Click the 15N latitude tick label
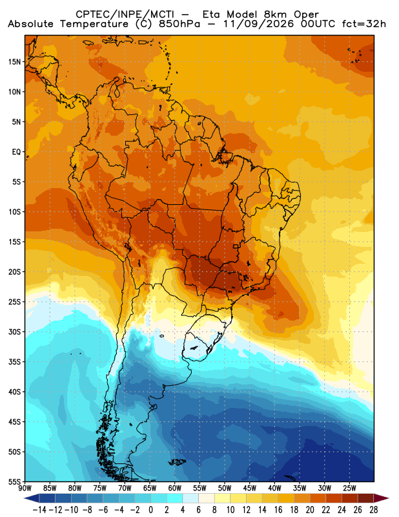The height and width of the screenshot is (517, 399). pyautogui.click(x=15, y=62)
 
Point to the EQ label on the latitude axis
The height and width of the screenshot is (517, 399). pyautogui.click(x=17, y=152)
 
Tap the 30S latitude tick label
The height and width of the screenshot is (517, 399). pyautogui.click(x=15, y=332)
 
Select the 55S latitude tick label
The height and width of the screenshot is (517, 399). pyautogui.click(x=15, y=481)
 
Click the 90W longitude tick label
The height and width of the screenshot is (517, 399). pyautogui.click(x=25, y=488)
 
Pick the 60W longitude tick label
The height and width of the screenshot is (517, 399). pyautogui.click(x=174, y=488)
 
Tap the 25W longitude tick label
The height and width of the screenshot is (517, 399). pyautogui.click(x=349, y=488)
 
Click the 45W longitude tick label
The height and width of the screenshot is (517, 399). pyautogui.click(x=249, y=488)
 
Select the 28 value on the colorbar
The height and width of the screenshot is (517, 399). pyautogui.click(x=374, y=510)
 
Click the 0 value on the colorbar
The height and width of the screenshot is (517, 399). pyautogui.click(x=151, y=510)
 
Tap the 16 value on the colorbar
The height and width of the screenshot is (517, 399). pyautogui.click(x=278, y=510)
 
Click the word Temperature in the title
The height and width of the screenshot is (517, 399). pyautogui.click(x=94, y=24)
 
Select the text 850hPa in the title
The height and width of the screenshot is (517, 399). pyautogui.click(x=179, y=24)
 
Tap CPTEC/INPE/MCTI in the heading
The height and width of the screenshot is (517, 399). pyautogui.click(x=125, y=15)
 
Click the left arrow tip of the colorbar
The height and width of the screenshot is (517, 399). pyautogui.click(x=25, y=498)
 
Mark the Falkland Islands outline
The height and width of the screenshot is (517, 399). pyautogui.click(x=178, y=462)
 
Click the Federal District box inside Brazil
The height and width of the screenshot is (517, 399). pyautogui.click(x=236, y=246)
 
